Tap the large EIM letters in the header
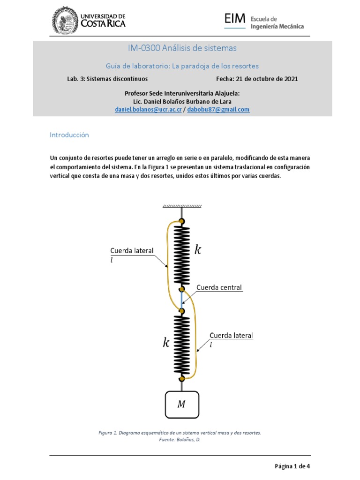(235, 19)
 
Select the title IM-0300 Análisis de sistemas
(182, 48)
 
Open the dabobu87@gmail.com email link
(218, 109)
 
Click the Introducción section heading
(69, 135)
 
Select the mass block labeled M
(182, 405)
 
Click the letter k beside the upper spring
(198, 250)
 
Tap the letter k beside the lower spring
(166, 343)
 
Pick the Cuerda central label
(219, 287)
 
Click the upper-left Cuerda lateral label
(132, 250)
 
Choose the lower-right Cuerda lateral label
(231, 336)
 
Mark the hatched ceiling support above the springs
(182, 206)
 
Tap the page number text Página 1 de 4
(292, 466)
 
